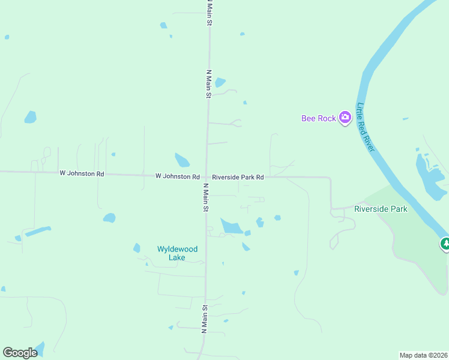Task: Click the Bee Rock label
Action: pos(318,118)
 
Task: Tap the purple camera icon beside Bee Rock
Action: pos(345,118)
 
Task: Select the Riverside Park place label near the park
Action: pos(381,209)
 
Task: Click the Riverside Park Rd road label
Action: pos(238,177)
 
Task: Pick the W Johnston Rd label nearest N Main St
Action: pos(177,176)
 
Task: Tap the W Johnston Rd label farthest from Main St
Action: pos(82,173)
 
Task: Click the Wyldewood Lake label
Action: pos(177,253)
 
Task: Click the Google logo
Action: pos(20,352)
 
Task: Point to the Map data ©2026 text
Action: pos(423,355)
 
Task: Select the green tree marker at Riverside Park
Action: pos(445,244)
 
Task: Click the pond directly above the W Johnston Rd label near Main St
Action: pos(182,160)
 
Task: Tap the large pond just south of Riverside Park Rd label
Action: pos(231,226)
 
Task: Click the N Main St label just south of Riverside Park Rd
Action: pos(205,197)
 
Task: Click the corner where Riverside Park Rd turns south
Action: pos(330,178)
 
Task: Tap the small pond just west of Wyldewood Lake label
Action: pos(137,248)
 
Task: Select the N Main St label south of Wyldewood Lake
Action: pos(204,319)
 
